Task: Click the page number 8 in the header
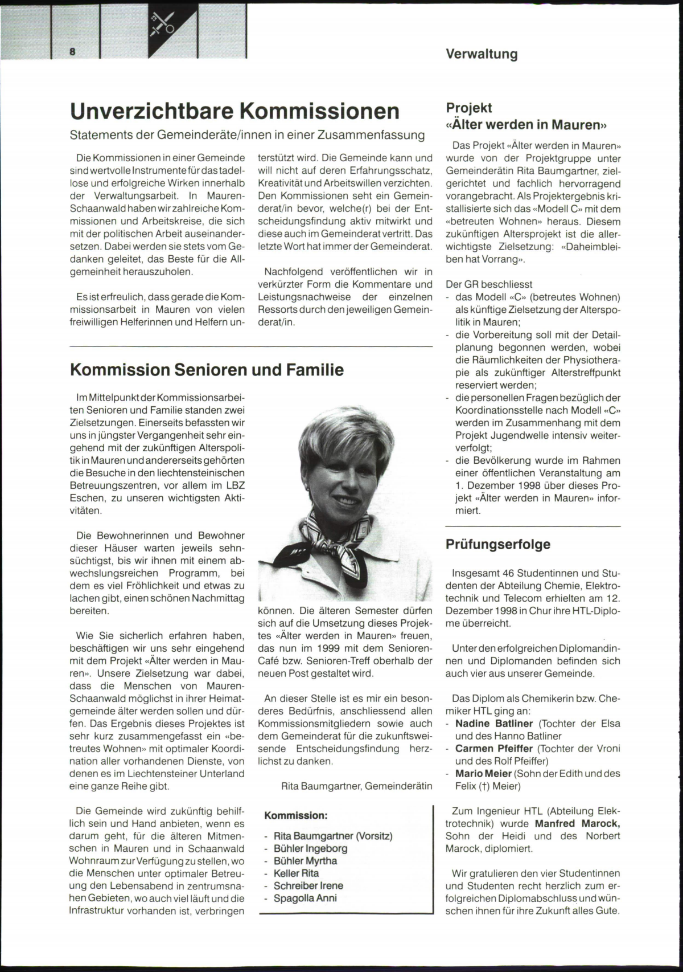73,51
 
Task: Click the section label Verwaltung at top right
482,54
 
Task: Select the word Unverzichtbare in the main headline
150,111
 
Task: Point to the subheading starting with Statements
247,135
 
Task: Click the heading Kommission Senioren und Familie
207,370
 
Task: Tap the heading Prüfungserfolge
498,544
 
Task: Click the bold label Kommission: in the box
296,815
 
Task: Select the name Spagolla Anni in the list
305,898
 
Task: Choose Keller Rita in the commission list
296,873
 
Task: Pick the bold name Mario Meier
483,774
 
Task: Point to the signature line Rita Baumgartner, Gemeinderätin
356,786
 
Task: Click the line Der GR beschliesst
489,284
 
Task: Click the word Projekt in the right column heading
469,108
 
